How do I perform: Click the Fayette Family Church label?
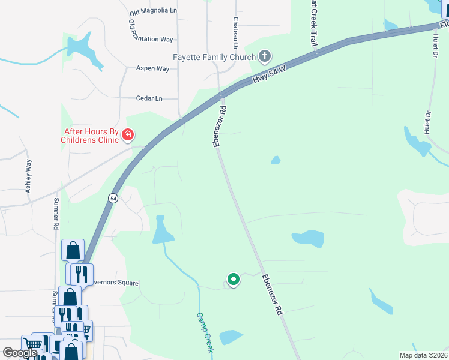214,58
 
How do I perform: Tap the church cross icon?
264,58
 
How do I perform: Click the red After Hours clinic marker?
127,136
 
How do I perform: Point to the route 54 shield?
113,198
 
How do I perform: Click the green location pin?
233,279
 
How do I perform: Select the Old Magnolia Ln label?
154,11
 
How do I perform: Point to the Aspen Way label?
152,69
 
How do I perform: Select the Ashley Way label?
28,176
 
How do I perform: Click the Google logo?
20,353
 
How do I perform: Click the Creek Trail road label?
313,24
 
